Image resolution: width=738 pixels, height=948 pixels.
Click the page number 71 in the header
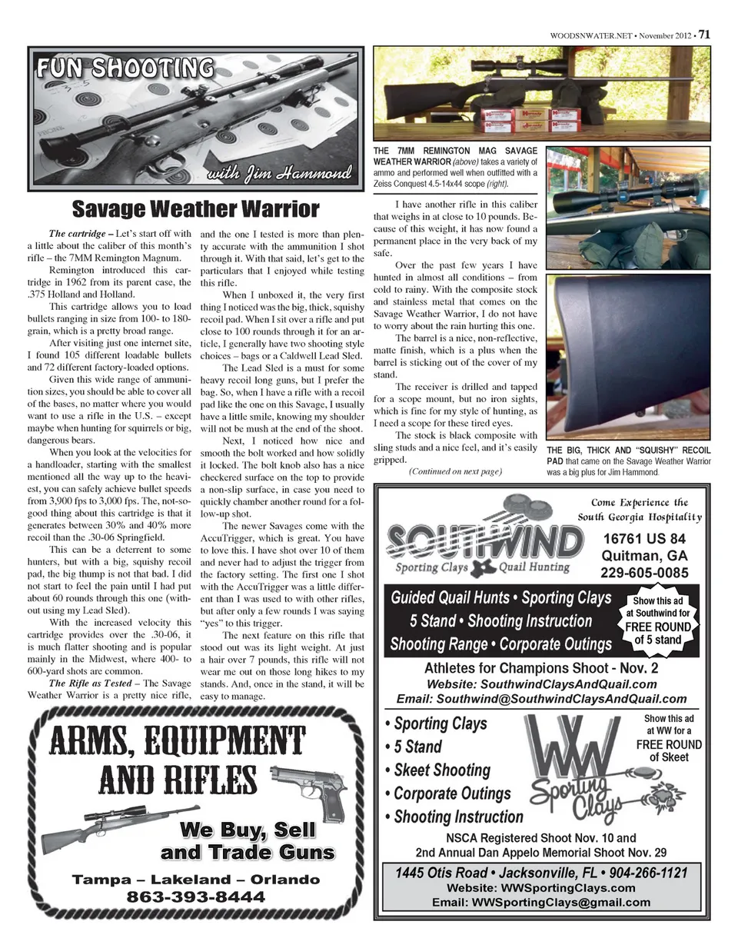pos(703,35)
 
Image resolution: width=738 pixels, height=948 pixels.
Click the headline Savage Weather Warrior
pos(195,209)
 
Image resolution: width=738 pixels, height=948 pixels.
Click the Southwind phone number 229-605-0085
pos(644,573)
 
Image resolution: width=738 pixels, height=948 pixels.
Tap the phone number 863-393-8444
pos(195,897)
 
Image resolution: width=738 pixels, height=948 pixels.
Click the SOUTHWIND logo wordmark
pos(484,540)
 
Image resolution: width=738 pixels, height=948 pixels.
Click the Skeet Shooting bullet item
pos(441,770)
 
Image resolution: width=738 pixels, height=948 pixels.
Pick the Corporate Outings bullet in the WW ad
pos(451,793)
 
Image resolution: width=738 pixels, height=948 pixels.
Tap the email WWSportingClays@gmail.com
pos(541,902)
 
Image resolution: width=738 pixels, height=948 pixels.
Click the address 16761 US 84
pos(644,538)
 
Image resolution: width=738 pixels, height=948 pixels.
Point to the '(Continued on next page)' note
pos(455,471)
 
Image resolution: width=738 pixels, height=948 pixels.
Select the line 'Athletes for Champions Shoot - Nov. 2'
pos(541,667)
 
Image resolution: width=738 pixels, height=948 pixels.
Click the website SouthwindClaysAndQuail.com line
pos(541,684)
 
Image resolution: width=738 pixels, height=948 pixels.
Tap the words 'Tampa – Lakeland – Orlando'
pos(195,880)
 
